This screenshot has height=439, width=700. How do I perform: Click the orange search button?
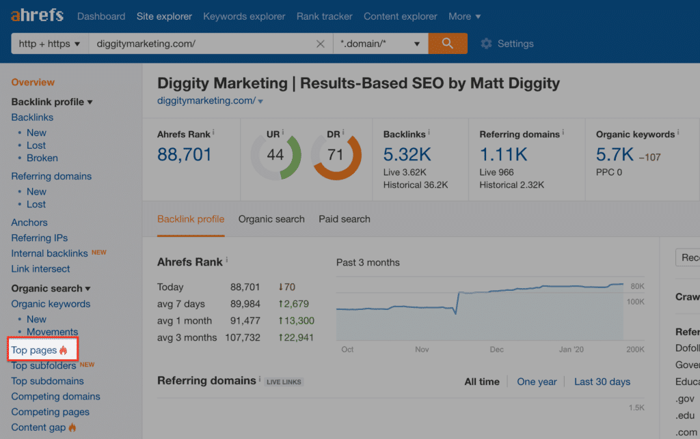pyautogui.click(x=448, y=44)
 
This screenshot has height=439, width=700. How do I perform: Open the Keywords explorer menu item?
pyautogui.click(x=244, y=16)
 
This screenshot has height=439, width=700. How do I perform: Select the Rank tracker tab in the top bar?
pyautogui.click(x=325, y=16)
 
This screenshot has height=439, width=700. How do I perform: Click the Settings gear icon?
pyautogui.click(x=486, y=44)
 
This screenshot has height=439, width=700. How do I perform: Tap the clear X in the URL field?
pyautogui.click(x=320, y=44)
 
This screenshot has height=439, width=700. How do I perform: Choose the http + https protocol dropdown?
pyautogui.click(x=50, y=44)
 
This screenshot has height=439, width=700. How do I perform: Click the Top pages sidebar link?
pyautogui.click(x=34, y=350)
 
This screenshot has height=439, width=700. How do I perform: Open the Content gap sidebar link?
pyautogui.click(x=38, y=427)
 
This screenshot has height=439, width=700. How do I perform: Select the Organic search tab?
pyautogui.click(x=271, y=219)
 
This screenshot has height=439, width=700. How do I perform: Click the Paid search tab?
pyautogui.click(x=345, y=219)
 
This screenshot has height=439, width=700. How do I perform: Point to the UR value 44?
pyautogui.click(x=275, y=155)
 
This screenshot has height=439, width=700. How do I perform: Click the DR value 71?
pyautogui.click(x=336, y=155)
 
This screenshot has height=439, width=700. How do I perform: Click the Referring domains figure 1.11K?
pyautogui.click(x=504, y=154)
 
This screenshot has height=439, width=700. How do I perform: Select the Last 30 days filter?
pyautogui.click(x=602, y=382)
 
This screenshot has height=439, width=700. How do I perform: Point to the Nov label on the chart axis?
pyautogui.click(x=422, y=350)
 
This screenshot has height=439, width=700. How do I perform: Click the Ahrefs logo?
pyautogui.click(x=37, y=15)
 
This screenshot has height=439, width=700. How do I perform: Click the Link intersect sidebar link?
pyautogui.click(x=40, y=269)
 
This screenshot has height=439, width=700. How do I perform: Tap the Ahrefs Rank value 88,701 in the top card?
pyautogui.click(x=185, y=154)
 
